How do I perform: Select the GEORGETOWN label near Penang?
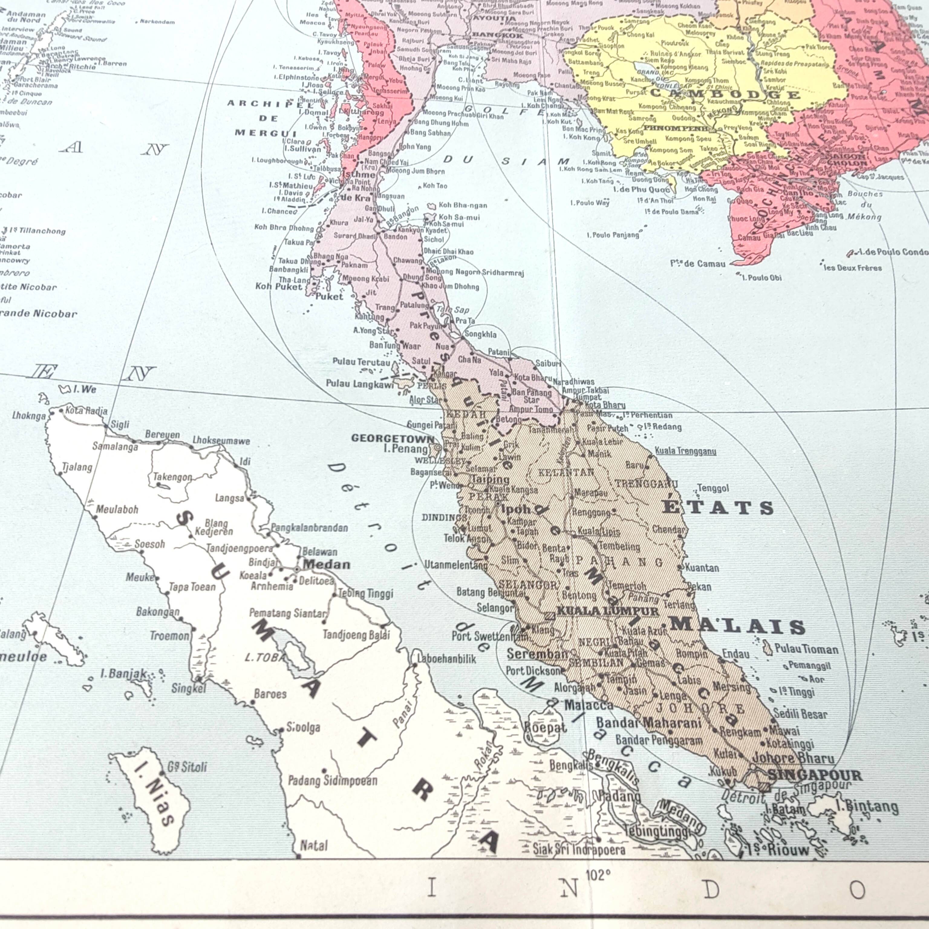[392, 438]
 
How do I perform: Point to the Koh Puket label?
[279, 287]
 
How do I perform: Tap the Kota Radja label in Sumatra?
[86, 410]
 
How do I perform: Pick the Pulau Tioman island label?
[806, 649]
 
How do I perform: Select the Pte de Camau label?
[698, 263]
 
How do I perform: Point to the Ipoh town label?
[516, 508]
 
